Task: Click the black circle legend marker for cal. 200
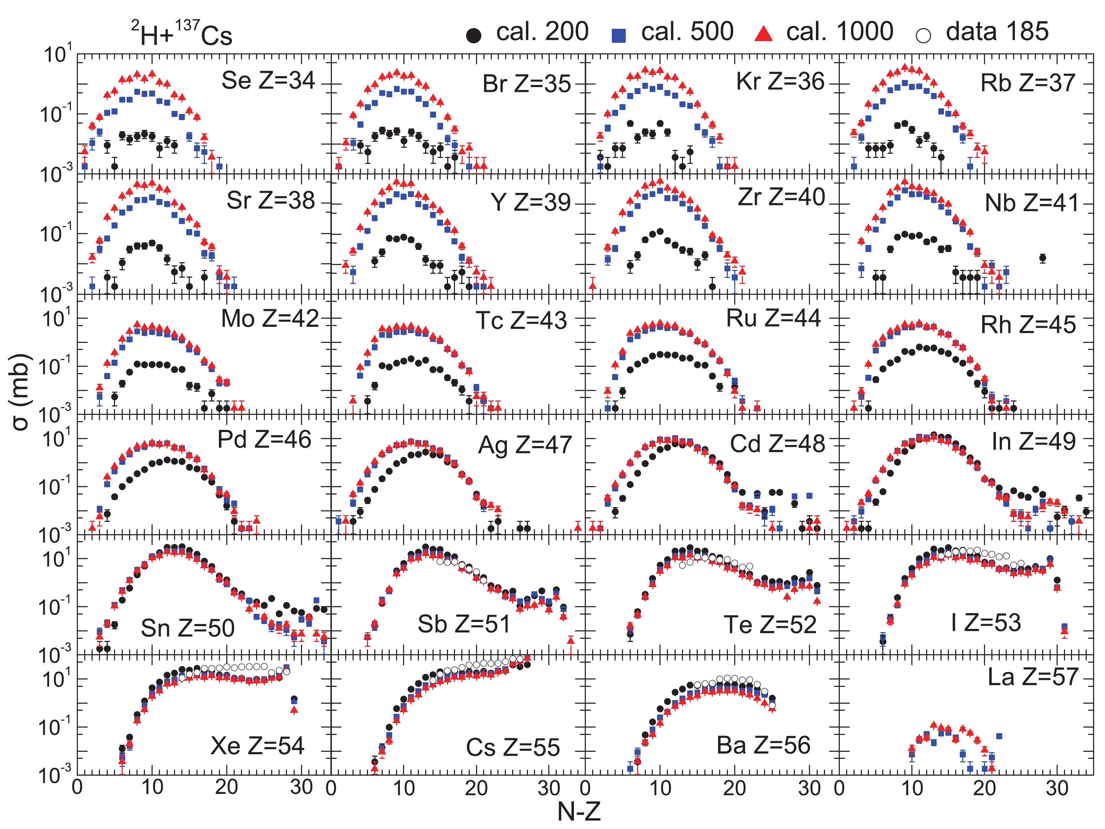click(473, 35)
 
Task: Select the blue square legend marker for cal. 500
click(618, 35)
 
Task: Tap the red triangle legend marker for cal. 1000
click(763, 34)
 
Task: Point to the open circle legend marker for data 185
click(923, 35)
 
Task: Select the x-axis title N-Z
click(578, 812)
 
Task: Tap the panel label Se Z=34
click(268, 80)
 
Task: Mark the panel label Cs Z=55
click(513, 748)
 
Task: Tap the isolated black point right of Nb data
click(1043, 258)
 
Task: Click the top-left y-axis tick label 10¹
click(58, 54)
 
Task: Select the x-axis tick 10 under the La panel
click(912, 788)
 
